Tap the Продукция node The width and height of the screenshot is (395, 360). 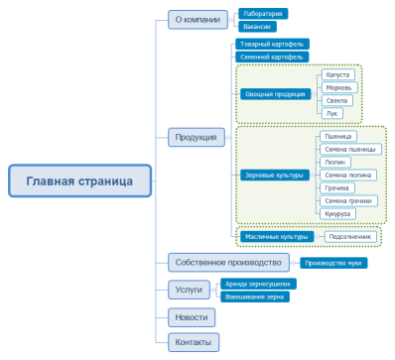pos(194,137)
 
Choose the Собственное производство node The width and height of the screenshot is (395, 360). pos(227,263)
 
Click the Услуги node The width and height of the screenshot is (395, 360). pos(189,290)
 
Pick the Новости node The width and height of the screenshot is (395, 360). pos(191,316)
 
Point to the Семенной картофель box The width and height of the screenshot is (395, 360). pos(273,57)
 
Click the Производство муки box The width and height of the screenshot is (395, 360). pos(335,263)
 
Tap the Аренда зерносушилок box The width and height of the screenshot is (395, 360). pos(260,284)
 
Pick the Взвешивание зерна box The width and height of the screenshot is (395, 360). pos(256,296)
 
